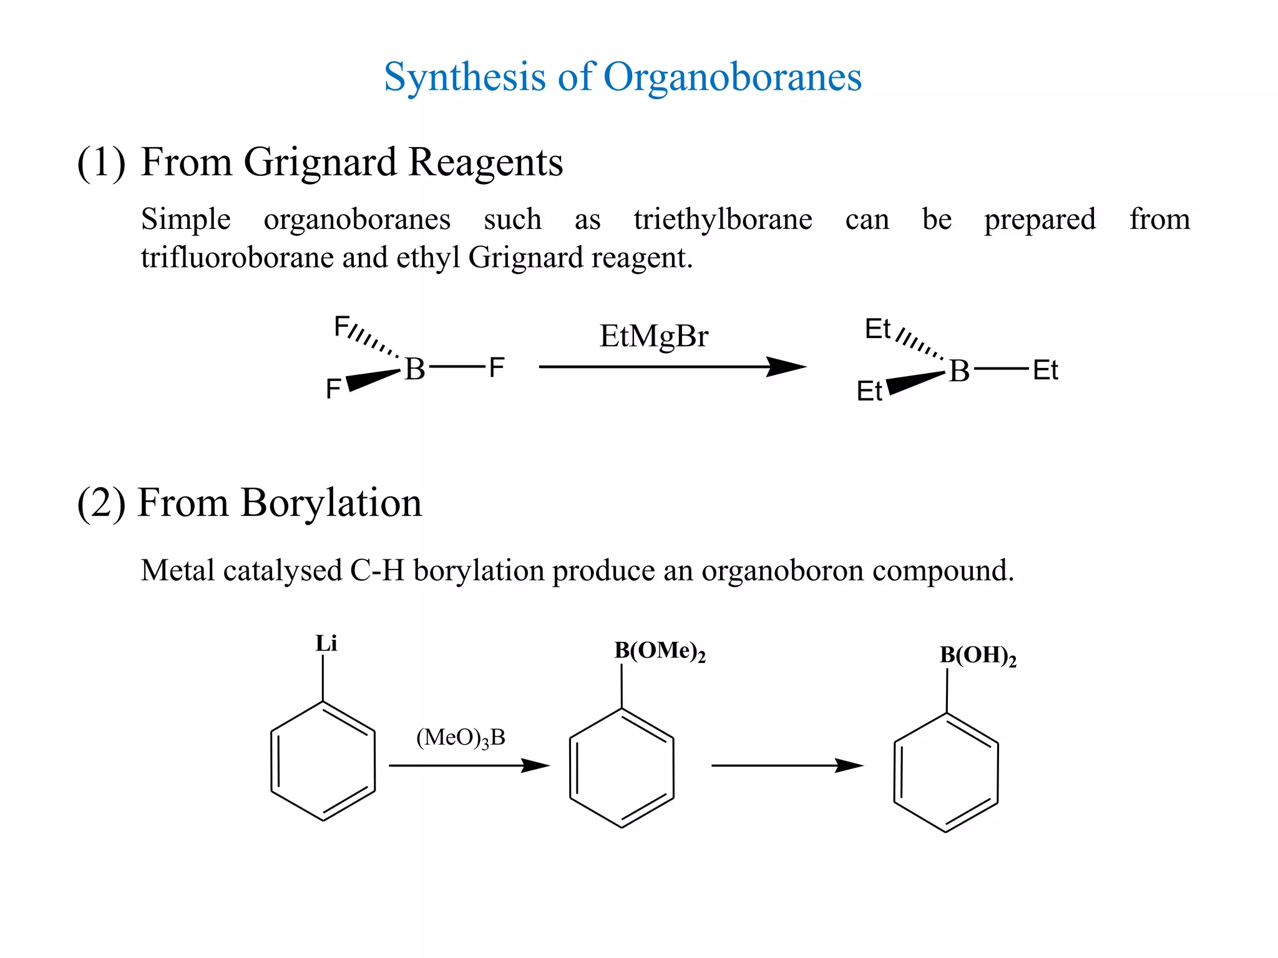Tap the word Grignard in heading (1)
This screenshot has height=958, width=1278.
pos(320,163)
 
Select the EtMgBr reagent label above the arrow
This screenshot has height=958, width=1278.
pos(653,337)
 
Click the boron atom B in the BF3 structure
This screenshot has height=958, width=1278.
pos(415,369)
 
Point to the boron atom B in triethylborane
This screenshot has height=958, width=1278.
pos(959,372)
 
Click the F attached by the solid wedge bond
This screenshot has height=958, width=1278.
pos(333,389)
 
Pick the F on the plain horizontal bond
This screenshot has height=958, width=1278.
pos(497,368)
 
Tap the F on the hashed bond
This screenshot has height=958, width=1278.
pos(341,326)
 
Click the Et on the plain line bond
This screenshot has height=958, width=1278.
pos(1045,370)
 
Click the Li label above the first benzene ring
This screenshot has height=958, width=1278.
pos(326,644)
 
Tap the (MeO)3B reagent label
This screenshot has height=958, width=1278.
pos(461,738)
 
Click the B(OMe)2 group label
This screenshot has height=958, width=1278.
pos(660,651)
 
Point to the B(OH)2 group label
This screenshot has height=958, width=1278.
pos(978,656)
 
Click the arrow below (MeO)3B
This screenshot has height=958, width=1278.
pos(469,765)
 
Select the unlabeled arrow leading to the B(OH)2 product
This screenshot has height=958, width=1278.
pos(787,765)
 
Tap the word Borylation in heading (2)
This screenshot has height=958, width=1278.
pos(331,503)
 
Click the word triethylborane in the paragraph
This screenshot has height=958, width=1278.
pos(723,220)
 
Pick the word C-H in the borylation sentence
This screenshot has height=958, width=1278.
pos(377,571)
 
